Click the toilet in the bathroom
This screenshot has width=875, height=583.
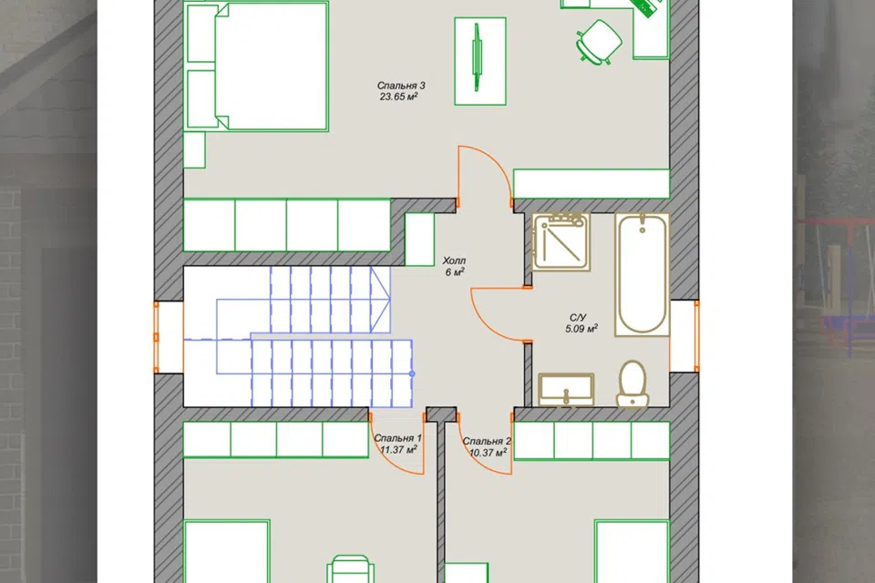click(x=633, y=384)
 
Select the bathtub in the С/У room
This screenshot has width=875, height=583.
click(x=643, y=274)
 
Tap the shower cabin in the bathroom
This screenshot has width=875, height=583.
click(x=561, y=241)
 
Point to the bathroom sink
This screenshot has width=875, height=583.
click(x=566, y=389)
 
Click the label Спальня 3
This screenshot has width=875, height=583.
click(x=401, y=86)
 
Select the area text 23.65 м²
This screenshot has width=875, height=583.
click(x=399, y=97)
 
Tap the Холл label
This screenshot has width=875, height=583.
click(x=454, y=261)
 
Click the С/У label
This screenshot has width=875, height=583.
click(x=578, y=317)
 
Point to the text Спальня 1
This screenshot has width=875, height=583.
click(x=398, y=438)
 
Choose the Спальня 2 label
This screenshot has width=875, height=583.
click(x=487, y=441)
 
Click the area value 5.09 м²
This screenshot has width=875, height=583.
click(x=582, y=329)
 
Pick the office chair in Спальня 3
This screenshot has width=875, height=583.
click(x=598, y=41)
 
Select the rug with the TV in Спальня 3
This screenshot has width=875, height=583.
click(x=480, y=61)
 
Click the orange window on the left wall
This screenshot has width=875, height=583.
click(x=156, y=337)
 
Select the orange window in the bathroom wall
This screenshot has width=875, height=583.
click(x=696, y=336)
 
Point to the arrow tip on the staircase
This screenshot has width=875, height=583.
click(x=389, y=299)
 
